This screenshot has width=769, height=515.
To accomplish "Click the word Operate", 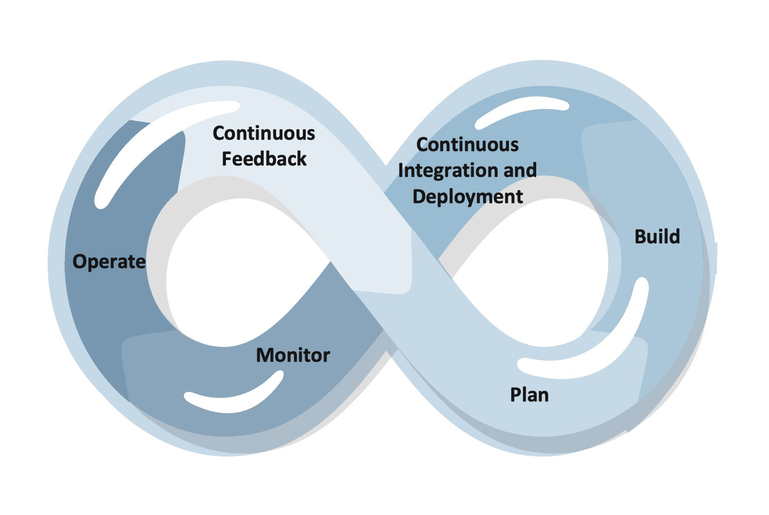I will click(x=109, y=262).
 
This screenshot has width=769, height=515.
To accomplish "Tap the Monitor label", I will click(x=293, y=355).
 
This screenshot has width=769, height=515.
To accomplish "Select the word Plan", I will click(x=529, y=395).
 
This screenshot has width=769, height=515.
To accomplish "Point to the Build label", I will click(x=657, y=237).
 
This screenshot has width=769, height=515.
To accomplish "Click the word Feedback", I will click(x=264, y=159).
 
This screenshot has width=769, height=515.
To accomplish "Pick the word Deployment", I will click(x=467, y=197).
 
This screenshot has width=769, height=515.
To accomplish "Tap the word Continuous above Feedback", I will click(x=264, y=133).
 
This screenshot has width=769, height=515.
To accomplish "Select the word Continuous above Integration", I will click(x=467, y=145).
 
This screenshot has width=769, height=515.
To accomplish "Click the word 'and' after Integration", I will click(x=520, y=171).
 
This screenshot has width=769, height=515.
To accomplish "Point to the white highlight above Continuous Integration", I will click(x=520, y=110).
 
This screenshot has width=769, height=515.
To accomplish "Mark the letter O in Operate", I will click(x=79, y=262).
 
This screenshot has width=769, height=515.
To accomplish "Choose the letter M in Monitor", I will click(x=265, y=355).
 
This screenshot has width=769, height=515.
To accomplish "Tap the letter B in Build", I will click(x=641, y=237).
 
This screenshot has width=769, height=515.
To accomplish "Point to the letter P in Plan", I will click(x=515, y=395).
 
